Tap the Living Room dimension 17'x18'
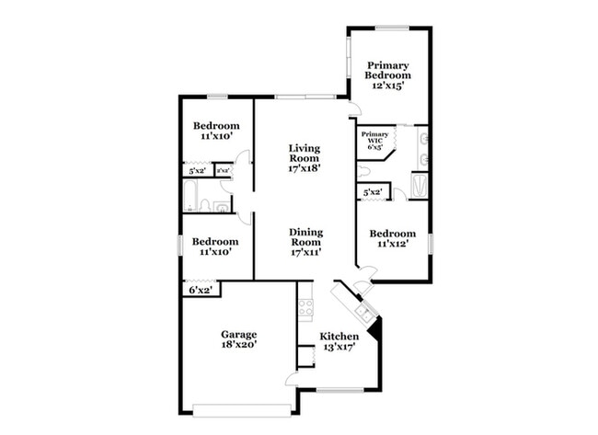coord(304,168)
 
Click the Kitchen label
coord(339,337)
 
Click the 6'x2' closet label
coord(200,291)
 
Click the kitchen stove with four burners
coord(305,309)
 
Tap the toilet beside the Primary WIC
coord(363,172)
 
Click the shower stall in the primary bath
coord(420,187)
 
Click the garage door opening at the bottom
coord(242,407)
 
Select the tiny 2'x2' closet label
coord(223,170)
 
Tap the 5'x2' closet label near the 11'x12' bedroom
coord(373,192)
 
